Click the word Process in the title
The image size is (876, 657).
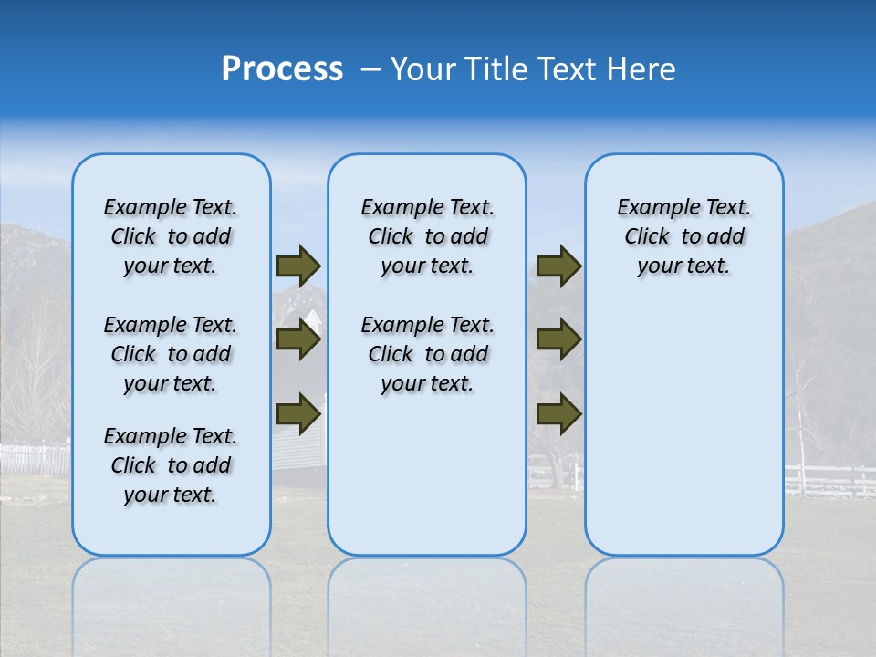coord(282,69)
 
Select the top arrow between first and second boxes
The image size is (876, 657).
coord(298,266)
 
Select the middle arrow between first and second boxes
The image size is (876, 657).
coord(298,340)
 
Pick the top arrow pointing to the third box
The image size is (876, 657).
coord(558,266)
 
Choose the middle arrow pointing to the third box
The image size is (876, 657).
coord(558,340)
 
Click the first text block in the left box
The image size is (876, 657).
coord(171,236)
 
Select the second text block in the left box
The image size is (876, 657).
coord(171,354)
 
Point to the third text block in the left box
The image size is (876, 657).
coord(171,465)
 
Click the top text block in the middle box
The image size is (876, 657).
coord(427,236)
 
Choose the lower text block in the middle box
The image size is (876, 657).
coord(427,354)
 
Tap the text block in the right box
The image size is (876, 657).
coord(684,236)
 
